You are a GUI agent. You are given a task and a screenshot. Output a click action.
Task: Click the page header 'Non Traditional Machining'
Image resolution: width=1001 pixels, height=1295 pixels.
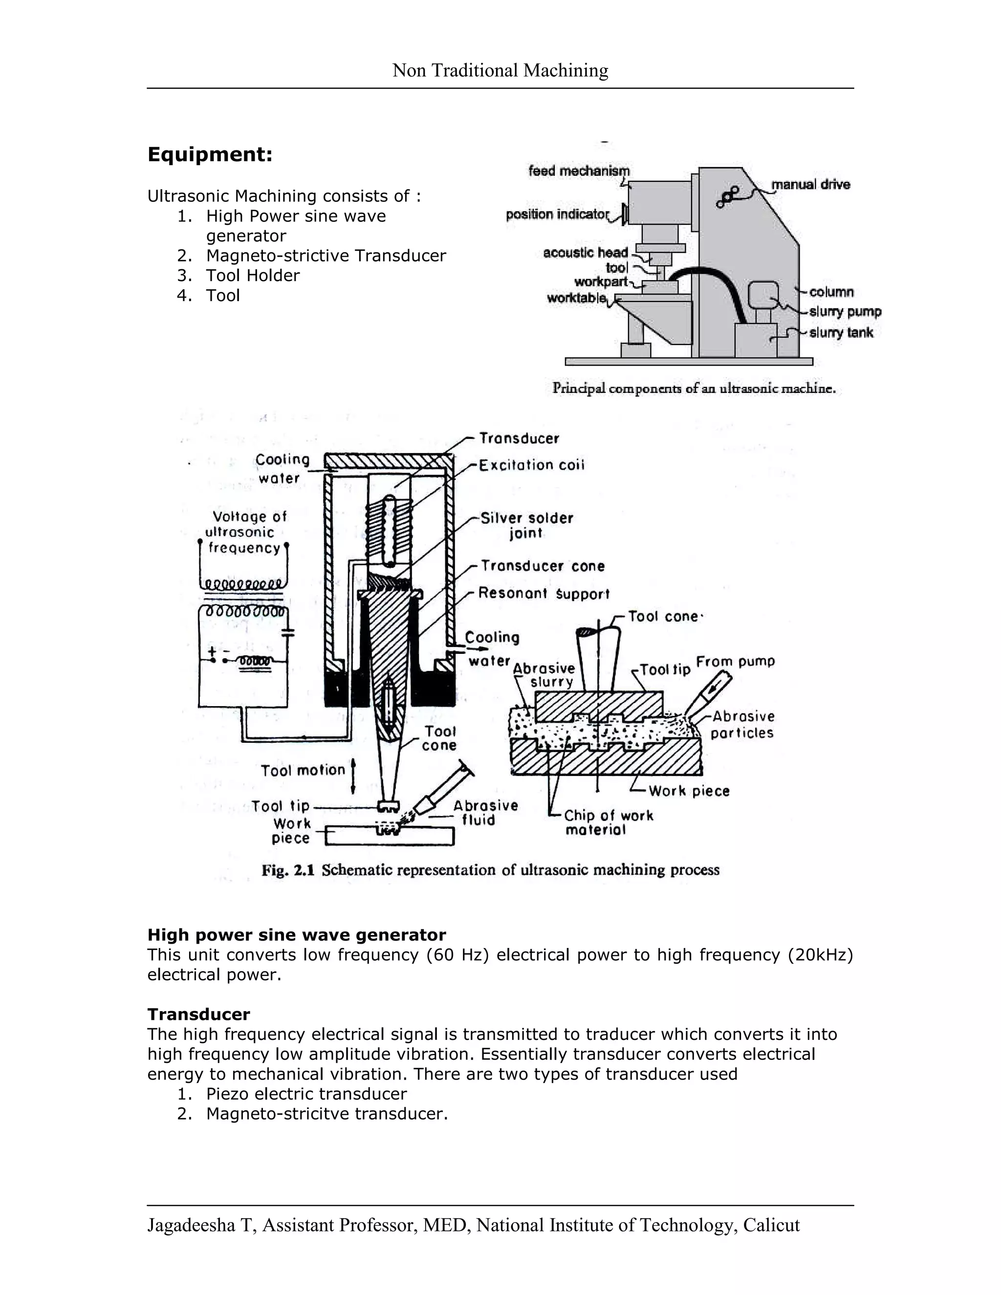point(500,70)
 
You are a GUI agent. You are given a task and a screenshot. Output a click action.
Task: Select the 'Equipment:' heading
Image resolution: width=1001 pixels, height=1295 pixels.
point(210,155)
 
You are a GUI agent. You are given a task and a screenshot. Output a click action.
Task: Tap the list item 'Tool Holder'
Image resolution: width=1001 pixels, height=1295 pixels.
point(253,276)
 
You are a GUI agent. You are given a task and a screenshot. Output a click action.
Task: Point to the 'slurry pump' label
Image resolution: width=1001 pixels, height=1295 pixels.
point(845,312)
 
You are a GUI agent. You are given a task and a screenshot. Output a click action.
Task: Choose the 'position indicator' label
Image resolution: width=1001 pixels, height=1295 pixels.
point(557,214)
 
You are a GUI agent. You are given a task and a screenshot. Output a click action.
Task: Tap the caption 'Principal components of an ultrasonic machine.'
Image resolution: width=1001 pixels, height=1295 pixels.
point(694,389)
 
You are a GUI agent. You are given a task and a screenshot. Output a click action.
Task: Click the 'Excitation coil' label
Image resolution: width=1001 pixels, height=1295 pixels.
point(532,465)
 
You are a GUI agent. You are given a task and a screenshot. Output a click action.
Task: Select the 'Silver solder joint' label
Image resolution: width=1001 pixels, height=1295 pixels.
point(526,525)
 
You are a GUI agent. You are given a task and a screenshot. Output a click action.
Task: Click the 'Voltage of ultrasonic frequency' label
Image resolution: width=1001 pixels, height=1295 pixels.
point(245,532)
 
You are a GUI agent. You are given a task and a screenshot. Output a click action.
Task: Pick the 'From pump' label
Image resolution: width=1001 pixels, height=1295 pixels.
point(735,661)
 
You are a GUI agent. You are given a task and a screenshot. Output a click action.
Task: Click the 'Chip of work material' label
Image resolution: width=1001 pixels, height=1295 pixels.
point(609,822)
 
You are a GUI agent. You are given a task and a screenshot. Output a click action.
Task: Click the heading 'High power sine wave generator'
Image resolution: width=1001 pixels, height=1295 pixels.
point(297,935)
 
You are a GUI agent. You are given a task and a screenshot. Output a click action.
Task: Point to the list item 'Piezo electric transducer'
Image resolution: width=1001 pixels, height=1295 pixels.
point(306,1094)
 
